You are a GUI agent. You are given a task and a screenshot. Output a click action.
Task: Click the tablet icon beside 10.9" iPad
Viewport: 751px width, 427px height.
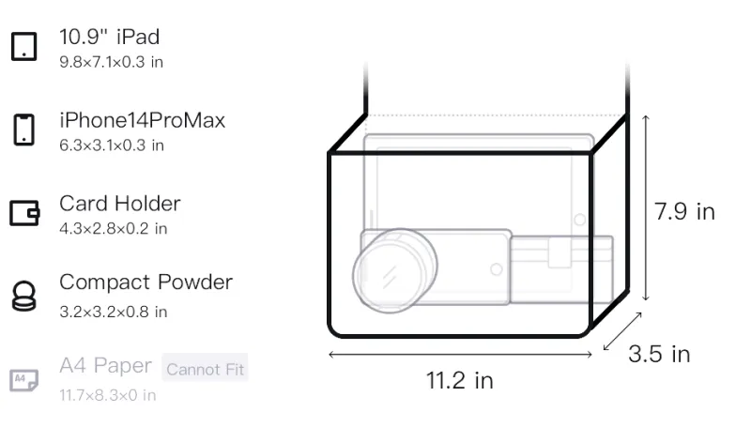pos(24,46)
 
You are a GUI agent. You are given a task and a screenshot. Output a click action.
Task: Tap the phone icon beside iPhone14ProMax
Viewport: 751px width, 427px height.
pos(24,130)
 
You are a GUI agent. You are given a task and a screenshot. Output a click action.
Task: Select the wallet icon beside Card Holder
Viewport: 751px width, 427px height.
pos(24,212)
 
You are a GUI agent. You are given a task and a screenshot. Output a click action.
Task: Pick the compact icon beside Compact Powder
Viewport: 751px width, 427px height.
pos(24,297)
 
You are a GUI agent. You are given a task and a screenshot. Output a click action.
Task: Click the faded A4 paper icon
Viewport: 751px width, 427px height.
pos(24,380)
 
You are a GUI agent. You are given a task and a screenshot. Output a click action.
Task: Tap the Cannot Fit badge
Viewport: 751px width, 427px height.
pos(205,369)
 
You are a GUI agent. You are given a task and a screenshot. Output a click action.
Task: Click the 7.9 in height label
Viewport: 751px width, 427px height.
pos(684,211)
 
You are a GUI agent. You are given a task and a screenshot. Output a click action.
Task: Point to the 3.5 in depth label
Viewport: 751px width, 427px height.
pos(659,354)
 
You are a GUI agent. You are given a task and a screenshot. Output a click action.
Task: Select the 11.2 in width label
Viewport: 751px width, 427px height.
pos(460,381)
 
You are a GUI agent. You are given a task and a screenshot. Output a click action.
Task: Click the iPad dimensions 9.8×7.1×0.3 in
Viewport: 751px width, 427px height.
pos(111,62)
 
